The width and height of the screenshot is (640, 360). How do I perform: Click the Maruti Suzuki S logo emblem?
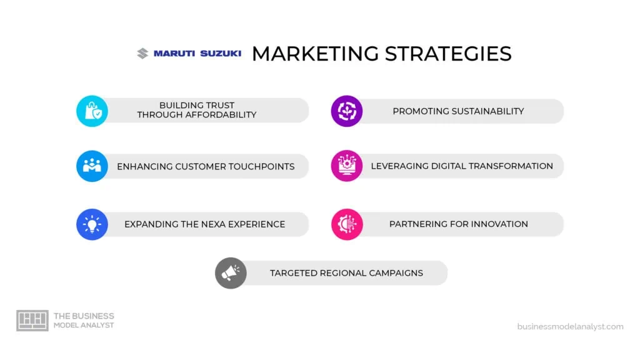tap(142, 54)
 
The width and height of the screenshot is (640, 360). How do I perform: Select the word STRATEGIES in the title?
tap(448, 54)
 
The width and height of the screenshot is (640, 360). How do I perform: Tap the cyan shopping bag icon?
tap(92, 111)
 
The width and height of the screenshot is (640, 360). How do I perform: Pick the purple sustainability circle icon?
tap(347, 111)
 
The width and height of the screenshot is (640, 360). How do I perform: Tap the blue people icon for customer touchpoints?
tap(92, 166)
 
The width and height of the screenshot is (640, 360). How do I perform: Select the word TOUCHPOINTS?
tap(261, 167)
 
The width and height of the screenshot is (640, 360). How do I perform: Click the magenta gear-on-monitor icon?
tap(347, 166)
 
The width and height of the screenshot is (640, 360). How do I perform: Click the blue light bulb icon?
tap(92, 224)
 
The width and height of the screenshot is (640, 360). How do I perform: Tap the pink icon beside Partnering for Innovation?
tap(347, 224)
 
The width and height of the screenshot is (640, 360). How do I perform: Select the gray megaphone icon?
tap(231, 273)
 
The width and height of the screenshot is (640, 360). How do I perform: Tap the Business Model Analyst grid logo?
tap(32, 321)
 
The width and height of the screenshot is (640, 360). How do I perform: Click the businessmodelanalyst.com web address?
tap(570, 326)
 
